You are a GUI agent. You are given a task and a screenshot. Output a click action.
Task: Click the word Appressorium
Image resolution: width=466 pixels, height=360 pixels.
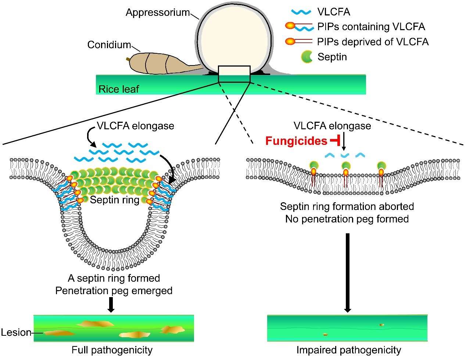coord(158,13)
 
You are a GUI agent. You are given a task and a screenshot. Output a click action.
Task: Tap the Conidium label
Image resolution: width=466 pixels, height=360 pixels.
coord(109,45)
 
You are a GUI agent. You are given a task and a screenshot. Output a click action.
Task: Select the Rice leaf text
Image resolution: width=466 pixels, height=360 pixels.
coord(119,89)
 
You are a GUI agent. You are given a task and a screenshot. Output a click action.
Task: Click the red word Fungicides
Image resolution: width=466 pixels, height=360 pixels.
coord(296,141)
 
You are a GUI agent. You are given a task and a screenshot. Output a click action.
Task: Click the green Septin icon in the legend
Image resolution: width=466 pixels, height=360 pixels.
coord(307,57)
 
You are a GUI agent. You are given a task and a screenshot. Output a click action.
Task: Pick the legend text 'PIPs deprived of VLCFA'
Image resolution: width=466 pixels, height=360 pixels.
coord(373,42)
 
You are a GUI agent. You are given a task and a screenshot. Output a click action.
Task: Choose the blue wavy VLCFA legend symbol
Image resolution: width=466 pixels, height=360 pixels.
coord(301,12)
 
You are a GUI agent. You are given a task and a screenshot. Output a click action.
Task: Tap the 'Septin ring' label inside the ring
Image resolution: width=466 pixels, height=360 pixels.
coord(115,200)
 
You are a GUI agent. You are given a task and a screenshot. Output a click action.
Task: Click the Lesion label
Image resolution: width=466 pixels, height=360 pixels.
coord(16,332)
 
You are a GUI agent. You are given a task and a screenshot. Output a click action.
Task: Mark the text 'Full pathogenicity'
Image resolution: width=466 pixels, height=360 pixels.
coord(112,350)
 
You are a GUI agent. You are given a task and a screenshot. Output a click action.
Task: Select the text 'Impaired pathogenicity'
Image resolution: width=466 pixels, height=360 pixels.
coord(349,350)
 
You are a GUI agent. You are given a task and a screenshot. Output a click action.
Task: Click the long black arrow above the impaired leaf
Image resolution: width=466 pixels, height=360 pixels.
coord(348,273)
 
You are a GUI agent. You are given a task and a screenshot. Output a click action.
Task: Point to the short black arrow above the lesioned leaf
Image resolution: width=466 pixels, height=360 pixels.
coord(111,304)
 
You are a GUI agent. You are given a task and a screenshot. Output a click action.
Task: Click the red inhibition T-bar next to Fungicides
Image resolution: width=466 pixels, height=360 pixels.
coord(335,141)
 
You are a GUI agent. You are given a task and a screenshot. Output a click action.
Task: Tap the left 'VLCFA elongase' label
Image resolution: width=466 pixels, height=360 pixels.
coord(135,126)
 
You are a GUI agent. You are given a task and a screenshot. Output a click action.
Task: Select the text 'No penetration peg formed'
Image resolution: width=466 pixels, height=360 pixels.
coord(347,219)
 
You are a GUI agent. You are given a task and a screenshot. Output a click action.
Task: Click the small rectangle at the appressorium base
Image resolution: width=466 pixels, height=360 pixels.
coord(234,74)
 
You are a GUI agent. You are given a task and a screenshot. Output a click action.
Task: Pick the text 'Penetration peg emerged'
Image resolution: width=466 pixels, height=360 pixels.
coord(114,291)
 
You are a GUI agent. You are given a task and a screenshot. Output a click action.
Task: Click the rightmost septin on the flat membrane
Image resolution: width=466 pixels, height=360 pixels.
coord(381,165)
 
